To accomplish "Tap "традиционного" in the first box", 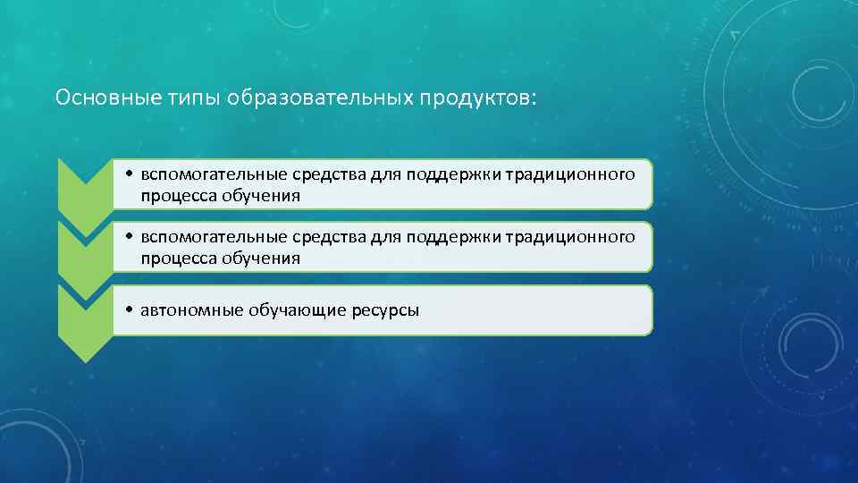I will point(570,174).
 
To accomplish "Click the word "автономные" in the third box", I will point(186,310).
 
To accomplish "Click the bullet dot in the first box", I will point(130,175).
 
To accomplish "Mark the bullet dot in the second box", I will point(130,238).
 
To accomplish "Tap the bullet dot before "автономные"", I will point(130,311).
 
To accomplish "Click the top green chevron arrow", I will point(84,183).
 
